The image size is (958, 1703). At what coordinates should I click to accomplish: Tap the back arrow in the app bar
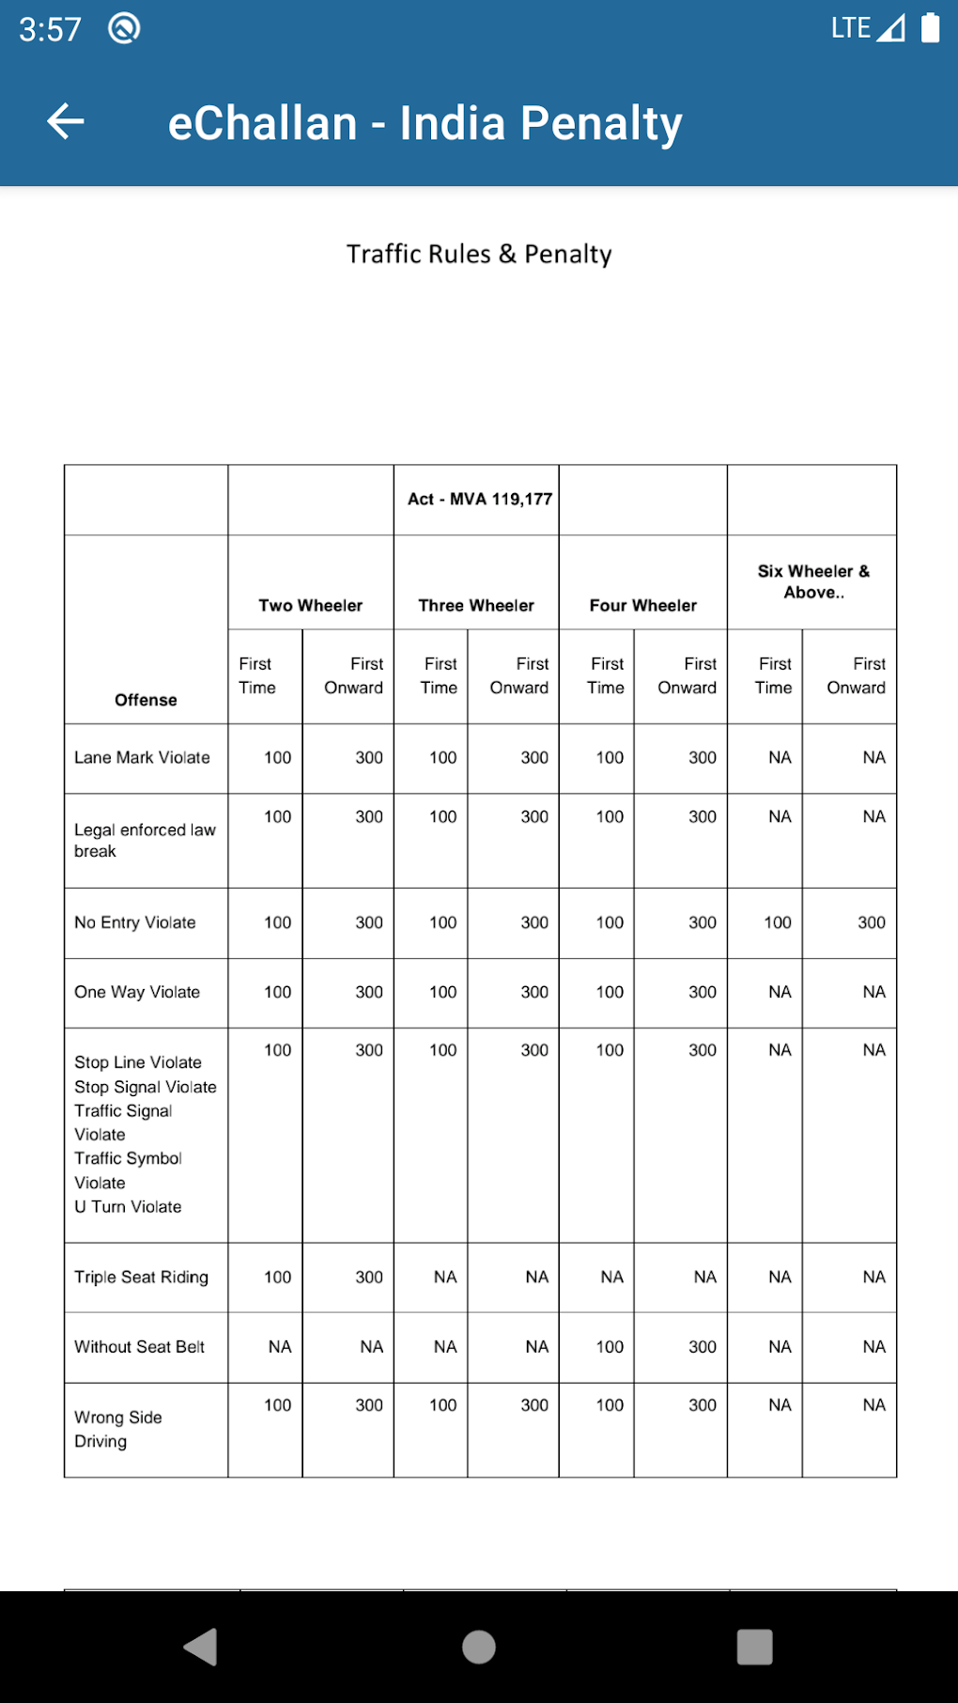pyautogui.click(x=66, y=122)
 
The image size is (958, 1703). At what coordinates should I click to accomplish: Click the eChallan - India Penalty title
pyautogui.click(x=425, y=123)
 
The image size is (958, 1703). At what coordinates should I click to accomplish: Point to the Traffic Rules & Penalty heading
pyautogui.click(x=479, y=254)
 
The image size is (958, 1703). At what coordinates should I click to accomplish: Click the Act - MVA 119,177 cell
pyautogui.click(x=479, y=499)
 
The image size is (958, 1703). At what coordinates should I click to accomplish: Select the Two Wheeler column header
pyautogui.click(x=310, y=605)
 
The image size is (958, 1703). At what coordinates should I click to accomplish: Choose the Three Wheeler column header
pyautogui.click(x=476, y=605)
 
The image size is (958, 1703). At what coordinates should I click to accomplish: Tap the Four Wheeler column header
pyautogui.click(x=643, y=605)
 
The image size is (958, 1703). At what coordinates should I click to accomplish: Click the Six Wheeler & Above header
pyautogui.click(x=813, y=581)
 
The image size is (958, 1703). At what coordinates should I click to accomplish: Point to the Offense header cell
pyautogui.click(x=146, y=700)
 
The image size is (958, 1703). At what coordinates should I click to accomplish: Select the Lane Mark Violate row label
pyautogui.click(x=142, y=757)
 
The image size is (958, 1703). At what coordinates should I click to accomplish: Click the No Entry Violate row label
pyautogui.click(x=135, y=922)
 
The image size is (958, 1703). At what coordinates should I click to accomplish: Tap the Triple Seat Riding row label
pyautogui.click(x=141, y=1277)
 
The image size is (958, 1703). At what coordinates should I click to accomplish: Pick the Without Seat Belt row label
pyautogui.click(x=139, y=1346)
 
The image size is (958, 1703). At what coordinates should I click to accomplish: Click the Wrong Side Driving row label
pyautogui.click(x=118, y=1429)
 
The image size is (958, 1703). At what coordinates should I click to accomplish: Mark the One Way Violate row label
pyautogui.click(x=137, y=992)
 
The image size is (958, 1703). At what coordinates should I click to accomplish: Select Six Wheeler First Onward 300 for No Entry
pyautogui.click(x=871, y=922)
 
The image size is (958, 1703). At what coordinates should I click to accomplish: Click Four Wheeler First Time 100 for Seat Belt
pyautogui.click(x=610, y=1346)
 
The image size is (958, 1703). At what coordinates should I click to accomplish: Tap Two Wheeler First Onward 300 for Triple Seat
pyautogui.click(x=368, y=1277)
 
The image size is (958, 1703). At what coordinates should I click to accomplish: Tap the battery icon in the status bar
pyautogui.click(x=930, y=28)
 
